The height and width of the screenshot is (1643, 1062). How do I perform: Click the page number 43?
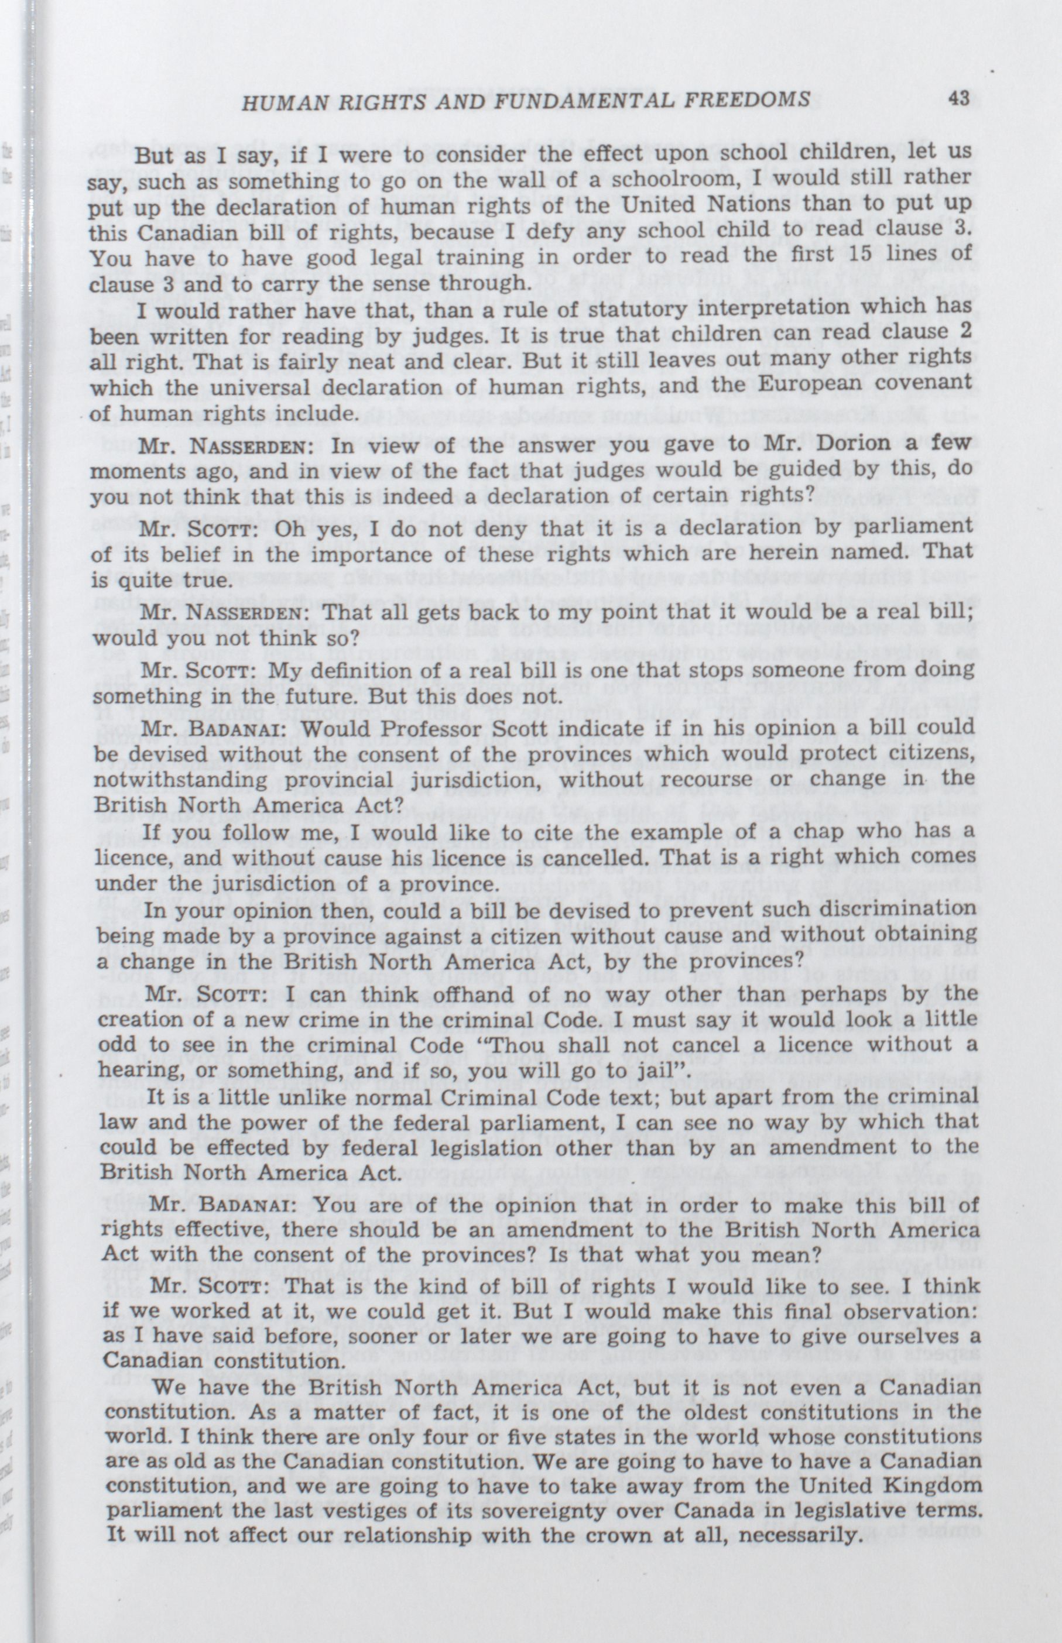click(958, 98)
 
